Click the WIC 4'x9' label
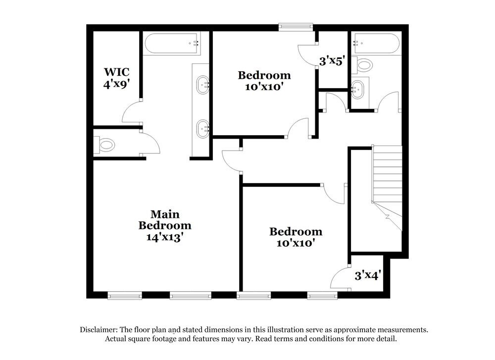(117, 78)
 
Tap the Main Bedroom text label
(165, 220)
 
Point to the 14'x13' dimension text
(165, 237)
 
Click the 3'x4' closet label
(367, 275)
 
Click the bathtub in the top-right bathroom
(376, 44)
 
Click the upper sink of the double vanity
(203, 85)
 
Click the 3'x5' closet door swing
(307, 52)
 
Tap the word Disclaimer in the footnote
(98, 330)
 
